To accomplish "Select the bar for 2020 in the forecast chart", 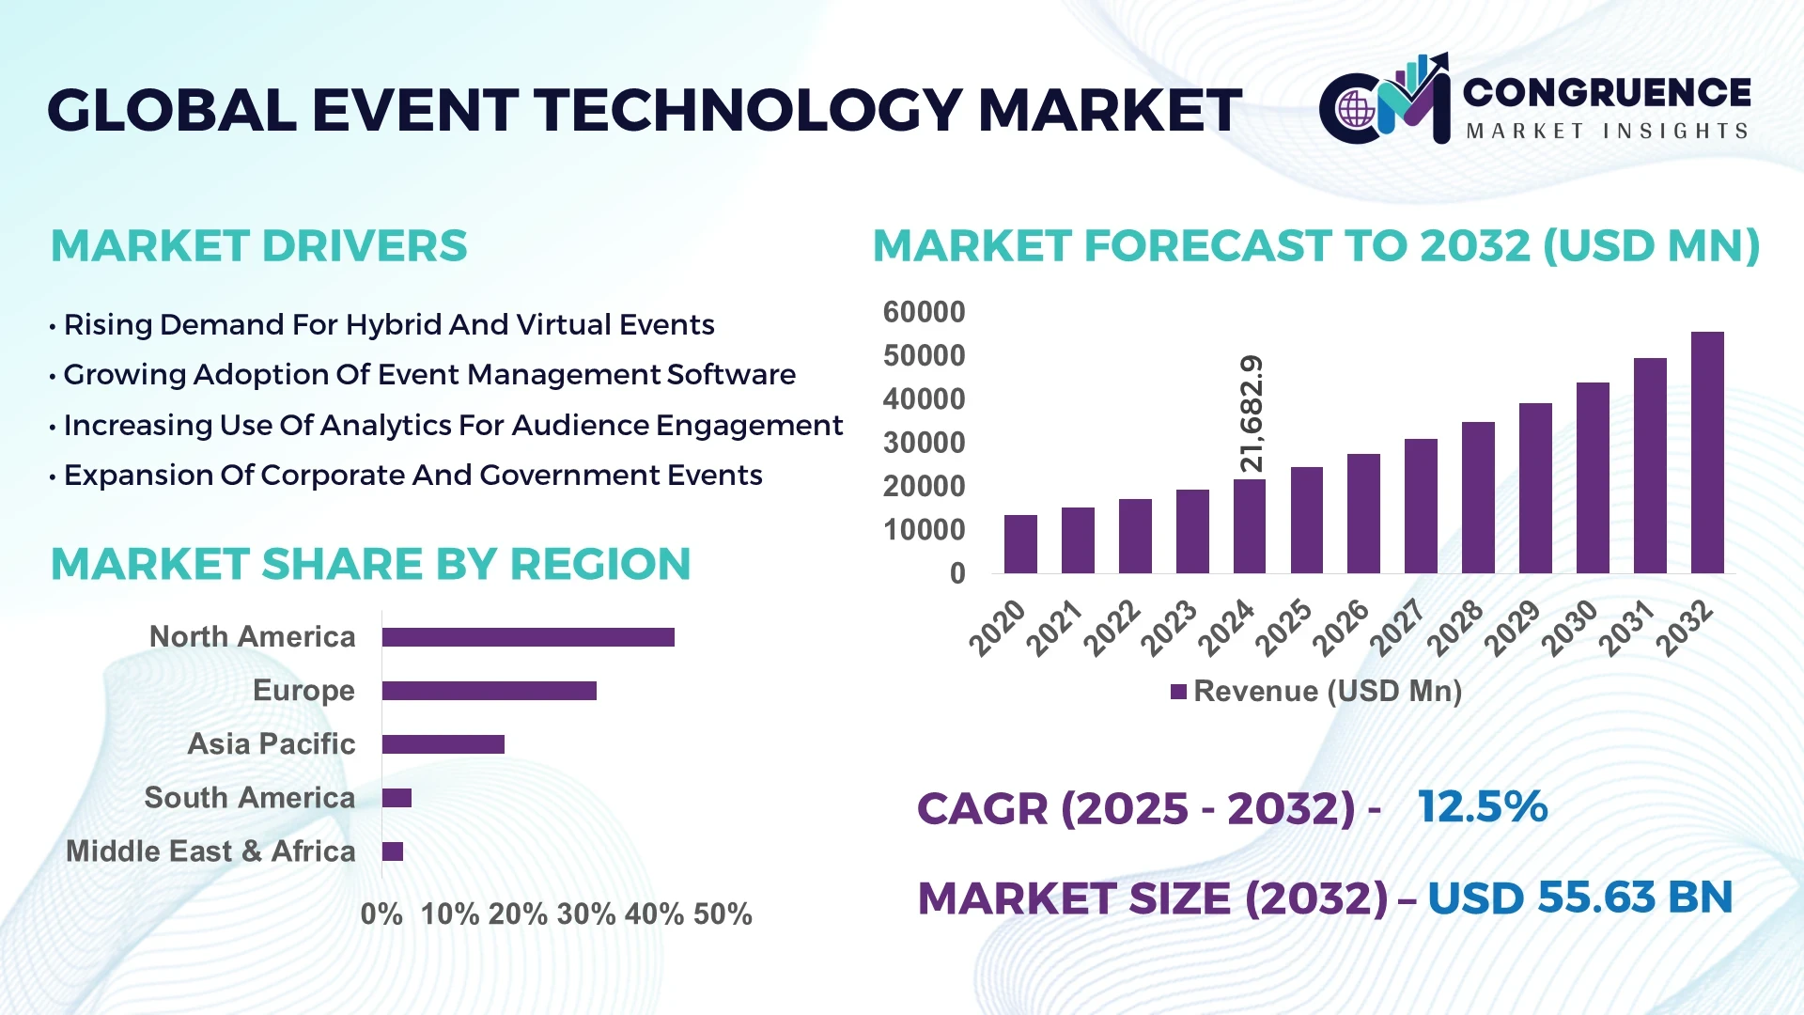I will click(x=1020, y=544).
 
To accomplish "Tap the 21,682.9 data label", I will click(x=1252, y=414).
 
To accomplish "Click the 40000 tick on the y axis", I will click(x=924, y=399).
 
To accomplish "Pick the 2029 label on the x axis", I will click(x=1513, y=628).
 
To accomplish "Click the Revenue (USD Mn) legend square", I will click(x=1178, y=693).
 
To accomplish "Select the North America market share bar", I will click(x=528, y=637).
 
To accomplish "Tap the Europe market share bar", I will click(x=489, y=691).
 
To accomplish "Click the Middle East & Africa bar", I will click(x=393, y=851).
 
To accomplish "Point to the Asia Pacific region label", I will click(x=271, y=744).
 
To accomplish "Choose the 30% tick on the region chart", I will click(x=586, y=914).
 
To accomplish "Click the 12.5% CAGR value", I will click(x=1482, y=807).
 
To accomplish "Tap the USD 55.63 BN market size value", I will click(x=1579, y=898).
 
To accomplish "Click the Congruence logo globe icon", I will click(x=1356, y=110).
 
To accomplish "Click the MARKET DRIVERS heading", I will click(x=258, y=246).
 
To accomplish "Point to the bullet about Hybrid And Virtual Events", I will click(x=388, y=325).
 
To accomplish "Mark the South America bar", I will click(x=397, y=798).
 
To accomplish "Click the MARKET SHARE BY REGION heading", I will click(x=370, y=565).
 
